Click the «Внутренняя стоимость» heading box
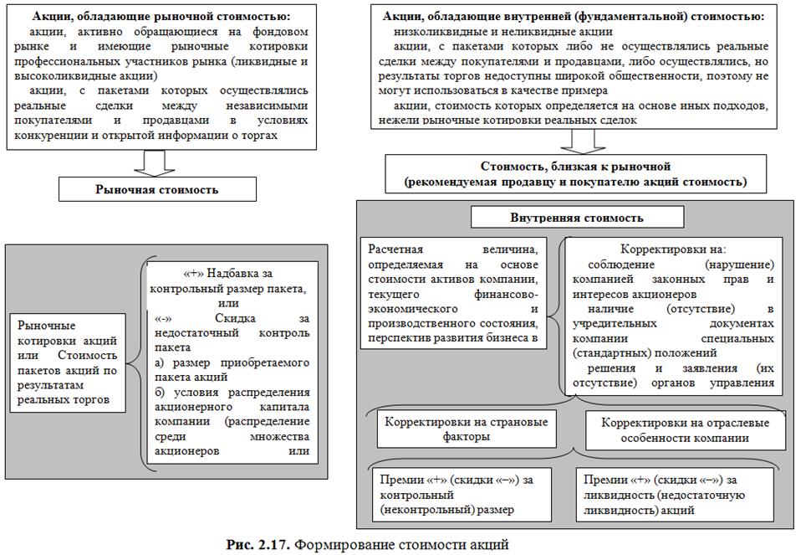tap(576, 218)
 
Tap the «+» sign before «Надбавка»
tap(188, 274)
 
